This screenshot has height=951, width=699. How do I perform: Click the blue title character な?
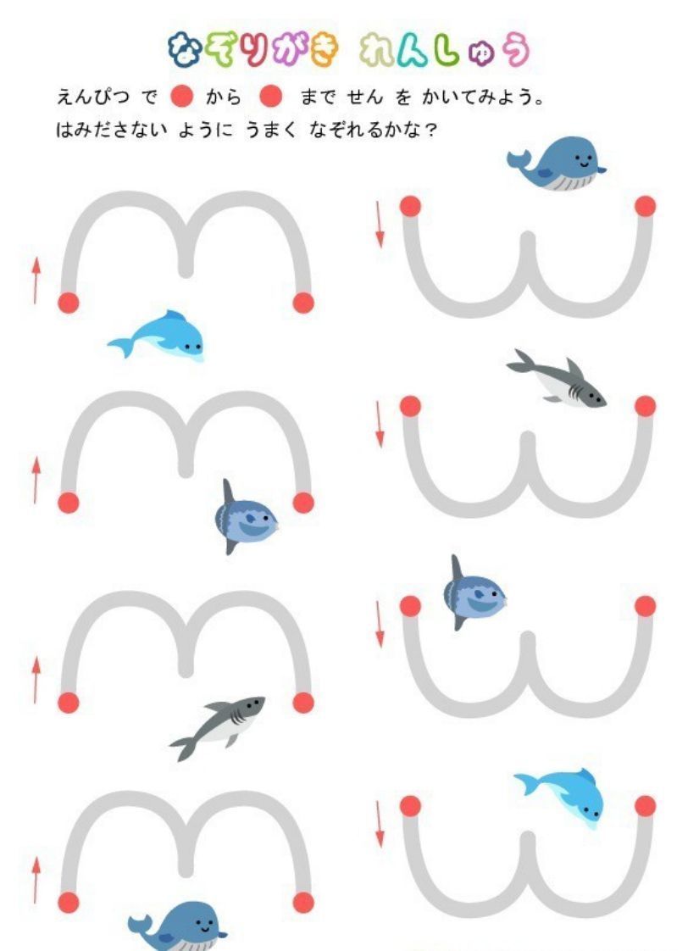tap(184, 50)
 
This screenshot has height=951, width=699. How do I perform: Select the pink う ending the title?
tap(517, 50)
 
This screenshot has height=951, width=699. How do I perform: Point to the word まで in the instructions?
tap(317, 97)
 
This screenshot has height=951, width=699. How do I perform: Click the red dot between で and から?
tap(181, 96)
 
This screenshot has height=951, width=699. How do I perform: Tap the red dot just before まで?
tap(270, 96)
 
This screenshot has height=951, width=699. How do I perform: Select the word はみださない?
tap(111, 129)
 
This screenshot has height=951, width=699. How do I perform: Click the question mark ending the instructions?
tap(431, 130)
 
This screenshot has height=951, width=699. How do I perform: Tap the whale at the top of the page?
tap(557, 163)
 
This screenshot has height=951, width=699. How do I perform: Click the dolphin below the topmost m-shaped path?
tap(157, 336)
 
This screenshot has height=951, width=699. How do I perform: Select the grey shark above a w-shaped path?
tap(557, 379)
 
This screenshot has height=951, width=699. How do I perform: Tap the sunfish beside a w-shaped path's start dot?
tap(474, 592)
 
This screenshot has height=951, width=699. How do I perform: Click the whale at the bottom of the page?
tap(177, 926)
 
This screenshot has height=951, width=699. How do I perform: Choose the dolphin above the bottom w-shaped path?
tap(560, 797)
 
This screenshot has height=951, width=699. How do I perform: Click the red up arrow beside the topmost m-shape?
tap(36, 281)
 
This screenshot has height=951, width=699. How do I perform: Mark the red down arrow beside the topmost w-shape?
tap(380, 225)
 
